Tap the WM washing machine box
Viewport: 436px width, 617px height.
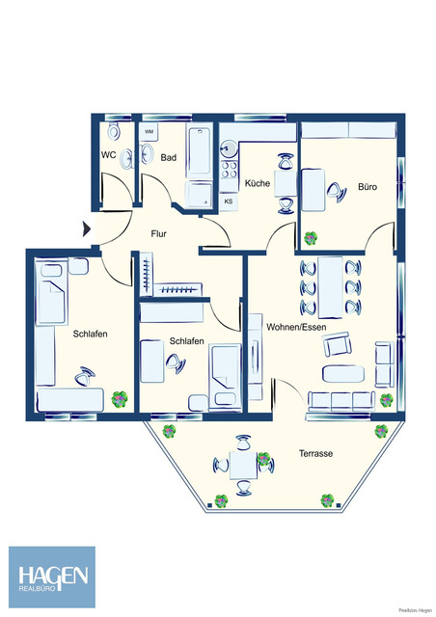(x=149, y=131)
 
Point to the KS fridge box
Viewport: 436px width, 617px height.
(x=229, y=201)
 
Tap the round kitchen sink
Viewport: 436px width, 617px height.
(x=228, y=148)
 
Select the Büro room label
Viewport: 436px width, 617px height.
(x=367, y=186)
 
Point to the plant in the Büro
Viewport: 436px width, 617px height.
(x=311, y=237)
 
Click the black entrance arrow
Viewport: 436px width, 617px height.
(x=88, y=228)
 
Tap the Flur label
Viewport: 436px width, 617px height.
(x=160, y=233)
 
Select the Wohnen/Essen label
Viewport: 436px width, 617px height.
(x=298, y=328)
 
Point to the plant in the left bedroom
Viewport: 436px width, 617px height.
(x=119, y=397)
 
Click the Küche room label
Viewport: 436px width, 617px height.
(x=257, y=183)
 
